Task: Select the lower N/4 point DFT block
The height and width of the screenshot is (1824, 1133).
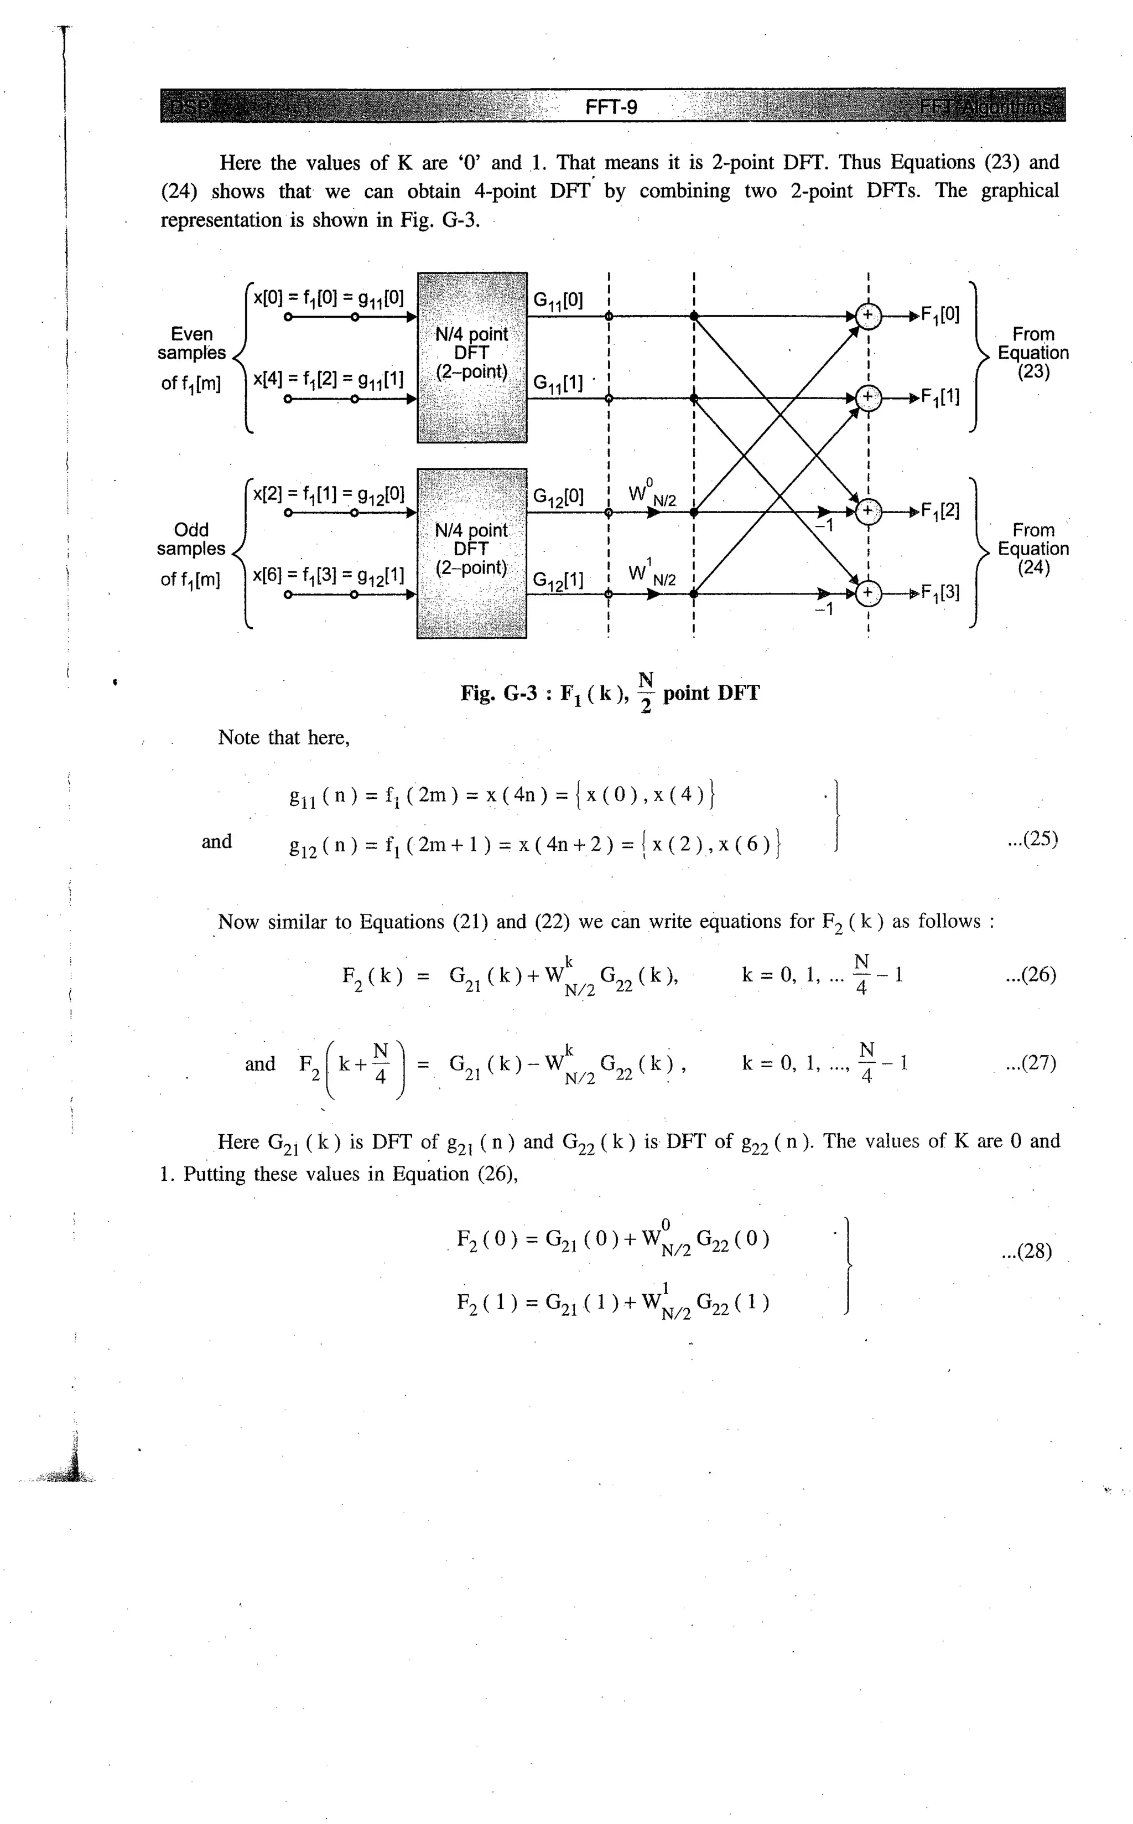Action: pos(471,552)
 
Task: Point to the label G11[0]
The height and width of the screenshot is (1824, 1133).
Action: pos(558,301)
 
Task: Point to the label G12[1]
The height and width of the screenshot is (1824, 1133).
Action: pos(558,580)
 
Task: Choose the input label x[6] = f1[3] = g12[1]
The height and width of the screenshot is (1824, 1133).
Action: pos(328,576)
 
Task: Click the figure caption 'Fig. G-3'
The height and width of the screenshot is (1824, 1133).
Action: pos(499,694)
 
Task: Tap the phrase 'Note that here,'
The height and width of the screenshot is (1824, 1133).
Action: pos(284,738)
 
